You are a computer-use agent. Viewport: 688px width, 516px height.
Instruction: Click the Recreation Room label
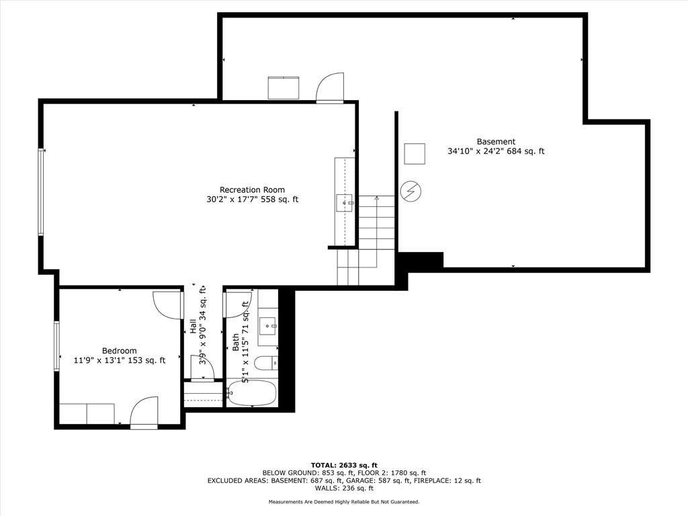tap(253, 190)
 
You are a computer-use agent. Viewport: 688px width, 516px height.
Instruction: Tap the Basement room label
tap(496, 142)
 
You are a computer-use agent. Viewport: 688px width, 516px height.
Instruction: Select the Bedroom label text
tap(120, 351)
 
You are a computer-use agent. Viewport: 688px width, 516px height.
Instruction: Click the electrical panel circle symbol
tap(411, 191)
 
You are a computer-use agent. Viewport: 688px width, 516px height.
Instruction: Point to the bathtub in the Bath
tap(252, 393)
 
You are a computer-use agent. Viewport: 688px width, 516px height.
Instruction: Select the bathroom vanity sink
tap(267, 327)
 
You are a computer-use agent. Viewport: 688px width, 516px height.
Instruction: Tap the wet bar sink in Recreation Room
tap(345, 203)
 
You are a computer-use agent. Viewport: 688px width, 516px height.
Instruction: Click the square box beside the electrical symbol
tap(414, 154)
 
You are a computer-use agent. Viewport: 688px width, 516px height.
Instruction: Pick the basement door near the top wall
tap(330, 88)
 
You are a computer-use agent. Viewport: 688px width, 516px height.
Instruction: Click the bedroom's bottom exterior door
tap(144, 413)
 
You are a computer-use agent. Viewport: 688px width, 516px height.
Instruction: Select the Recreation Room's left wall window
tap(41, 192)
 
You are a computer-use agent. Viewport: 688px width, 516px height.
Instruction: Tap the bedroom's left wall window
tap(56, 346)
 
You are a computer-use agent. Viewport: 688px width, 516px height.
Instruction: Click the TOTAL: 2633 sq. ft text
tap(344, 465)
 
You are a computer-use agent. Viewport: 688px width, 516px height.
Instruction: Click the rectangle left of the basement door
tap(284, 88)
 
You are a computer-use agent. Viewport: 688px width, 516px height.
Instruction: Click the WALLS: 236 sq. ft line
tap(344, 488)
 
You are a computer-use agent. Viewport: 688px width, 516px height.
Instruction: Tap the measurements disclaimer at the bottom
tap(344, 501)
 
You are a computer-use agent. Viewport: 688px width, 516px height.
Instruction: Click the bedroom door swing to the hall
tap(168, 305)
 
